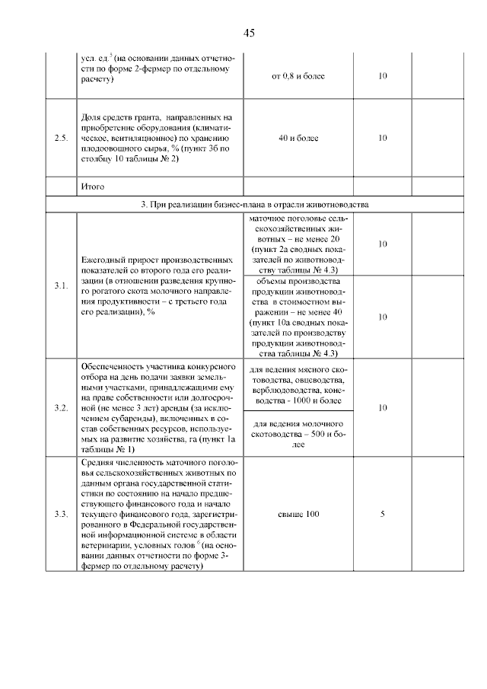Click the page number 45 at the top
(248, 33)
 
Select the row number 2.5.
(61, 139)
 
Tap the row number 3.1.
(61, 285)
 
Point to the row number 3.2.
(61, 408)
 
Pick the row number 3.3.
(61, 514)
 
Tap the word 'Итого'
(92, 187)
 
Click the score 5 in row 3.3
(382, 514)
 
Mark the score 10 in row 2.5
(382, 139)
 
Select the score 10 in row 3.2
(382, 408)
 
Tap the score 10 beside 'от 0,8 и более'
(382, 76)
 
